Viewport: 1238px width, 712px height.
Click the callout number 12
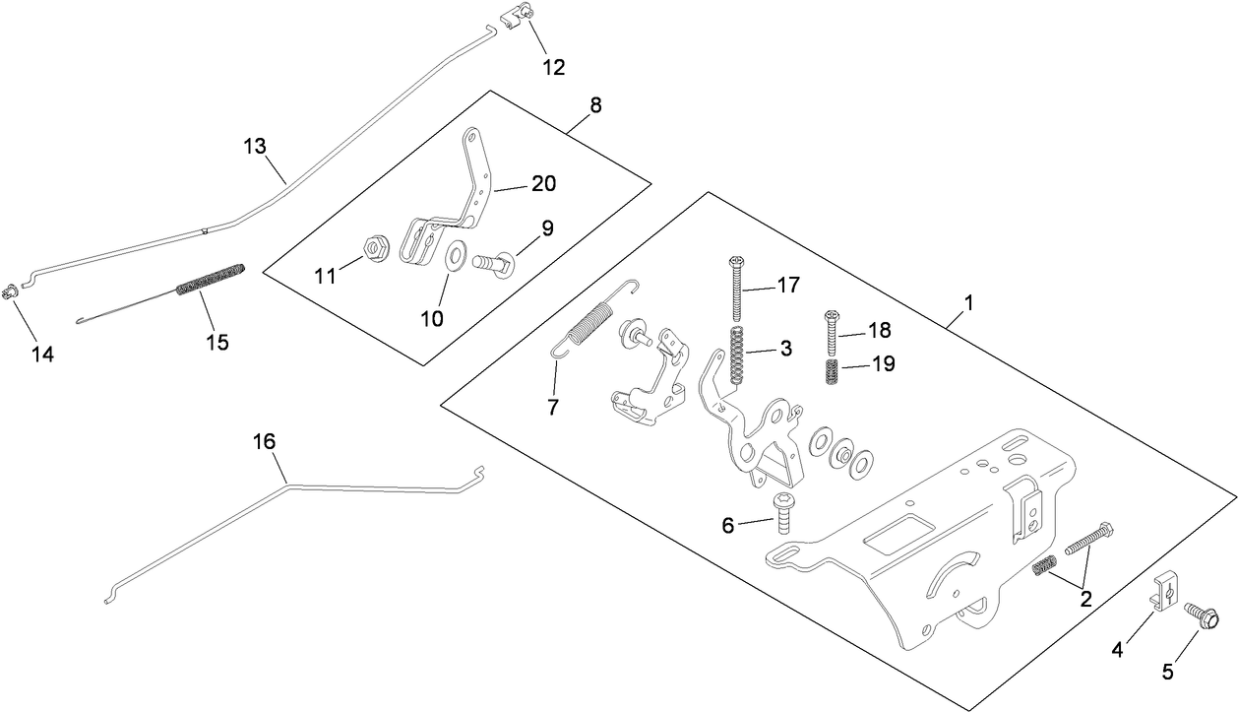[x=553, y=67]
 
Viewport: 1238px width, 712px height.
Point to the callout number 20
[x=543, y=183]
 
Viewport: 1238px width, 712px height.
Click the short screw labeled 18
[x=831, y=327]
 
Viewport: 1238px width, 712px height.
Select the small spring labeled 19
[x=833, y=373]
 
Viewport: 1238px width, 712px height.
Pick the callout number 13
[x=255, y=146]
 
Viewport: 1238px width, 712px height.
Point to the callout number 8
[x=596, y=104]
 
